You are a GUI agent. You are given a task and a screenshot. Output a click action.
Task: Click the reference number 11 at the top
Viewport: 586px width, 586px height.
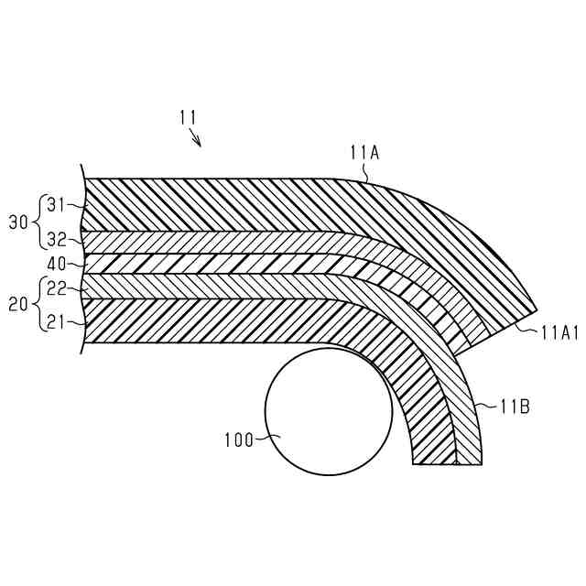[x=188, y=116]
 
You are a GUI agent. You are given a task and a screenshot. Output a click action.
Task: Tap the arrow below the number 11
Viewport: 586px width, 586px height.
[x=196, y=137]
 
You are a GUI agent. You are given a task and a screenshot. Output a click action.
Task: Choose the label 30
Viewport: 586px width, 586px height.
[x=18, y=222]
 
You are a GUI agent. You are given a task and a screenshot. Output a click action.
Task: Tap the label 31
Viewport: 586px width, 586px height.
[x=57, y=204]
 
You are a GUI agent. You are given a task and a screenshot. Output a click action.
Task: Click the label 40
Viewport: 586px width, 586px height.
[x=55, y=263]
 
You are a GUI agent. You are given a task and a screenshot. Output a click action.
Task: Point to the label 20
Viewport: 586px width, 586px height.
[x=18, y=304]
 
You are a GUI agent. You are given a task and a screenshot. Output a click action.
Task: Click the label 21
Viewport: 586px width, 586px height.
[x=57, y=322]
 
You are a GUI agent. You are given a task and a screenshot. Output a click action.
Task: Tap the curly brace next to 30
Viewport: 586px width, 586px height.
[x=38, y=222]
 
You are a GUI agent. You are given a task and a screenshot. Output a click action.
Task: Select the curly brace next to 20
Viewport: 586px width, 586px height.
[x=38, y=304]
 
